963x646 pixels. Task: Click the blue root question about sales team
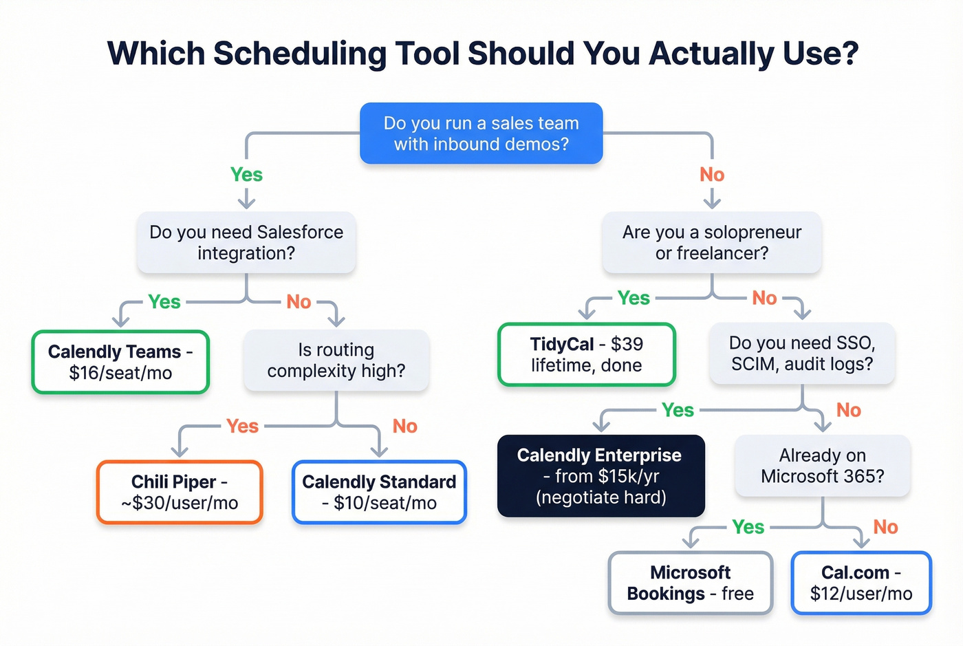tap(481, 133)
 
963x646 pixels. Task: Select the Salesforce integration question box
tap(246, 242)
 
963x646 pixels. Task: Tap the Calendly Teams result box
tap(120, 362)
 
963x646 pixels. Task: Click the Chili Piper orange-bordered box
tap(180, 492)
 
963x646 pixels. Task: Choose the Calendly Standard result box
tap(379, 492)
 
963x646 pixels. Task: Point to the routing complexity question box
tap(336, 360)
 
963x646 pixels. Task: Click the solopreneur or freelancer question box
tap(711, 242)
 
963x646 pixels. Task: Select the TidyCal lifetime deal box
tap(586, 354)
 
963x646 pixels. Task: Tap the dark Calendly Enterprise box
tap(600, 476)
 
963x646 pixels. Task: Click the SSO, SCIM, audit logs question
tap(801, 353)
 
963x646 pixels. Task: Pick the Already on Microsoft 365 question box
tap(822, 466)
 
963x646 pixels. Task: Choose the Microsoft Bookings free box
tap(690, 583)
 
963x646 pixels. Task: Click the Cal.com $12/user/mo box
tap(861, 583)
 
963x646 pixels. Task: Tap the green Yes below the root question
tap(246, 175)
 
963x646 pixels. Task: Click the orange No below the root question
tap(712, 175)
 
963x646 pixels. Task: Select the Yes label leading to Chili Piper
tap(242, 426)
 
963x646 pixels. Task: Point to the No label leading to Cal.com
tap(885, 527)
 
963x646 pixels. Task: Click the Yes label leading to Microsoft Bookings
tap(748, 527)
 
